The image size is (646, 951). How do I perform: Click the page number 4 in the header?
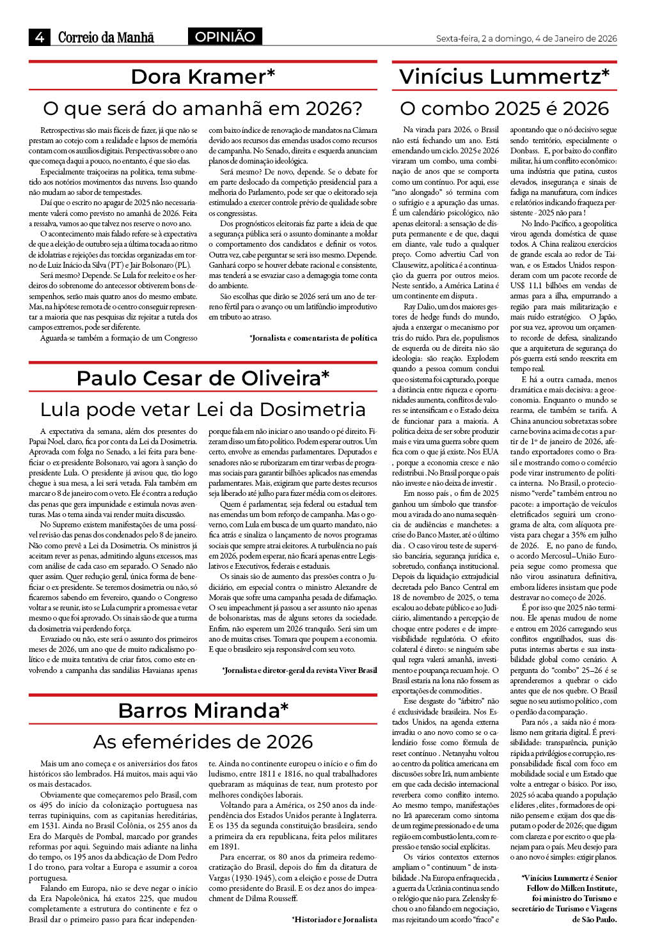pos(40,37)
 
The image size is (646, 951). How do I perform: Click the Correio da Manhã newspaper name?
pos(106,37)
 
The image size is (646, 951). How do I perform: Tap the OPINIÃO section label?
pos(225,37)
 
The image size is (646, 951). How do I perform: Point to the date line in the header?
pos(526,38)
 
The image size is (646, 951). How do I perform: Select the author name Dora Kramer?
pos(203,77)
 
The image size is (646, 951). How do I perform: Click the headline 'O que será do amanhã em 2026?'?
pos(203,108)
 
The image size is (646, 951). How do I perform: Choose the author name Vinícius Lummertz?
pos(504,77)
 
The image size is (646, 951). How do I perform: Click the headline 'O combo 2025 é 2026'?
pos(504,108)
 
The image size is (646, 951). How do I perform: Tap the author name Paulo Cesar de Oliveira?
pos(203,378)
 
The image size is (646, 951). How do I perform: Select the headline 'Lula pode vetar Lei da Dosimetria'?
pos(203,409)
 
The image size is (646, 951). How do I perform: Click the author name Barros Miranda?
pos(203,711)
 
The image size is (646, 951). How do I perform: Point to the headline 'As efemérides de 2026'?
pos(203,741)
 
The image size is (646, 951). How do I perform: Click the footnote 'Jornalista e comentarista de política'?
pos(313,338)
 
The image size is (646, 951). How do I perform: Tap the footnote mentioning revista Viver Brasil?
pos(299,670)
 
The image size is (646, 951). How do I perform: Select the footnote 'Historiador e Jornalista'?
pos(335,920)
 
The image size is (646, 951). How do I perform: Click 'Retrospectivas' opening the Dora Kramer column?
pos(64,130)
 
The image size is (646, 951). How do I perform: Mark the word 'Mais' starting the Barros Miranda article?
pos(49,763)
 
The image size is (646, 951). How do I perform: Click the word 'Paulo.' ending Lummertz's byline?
pos(606,920)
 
